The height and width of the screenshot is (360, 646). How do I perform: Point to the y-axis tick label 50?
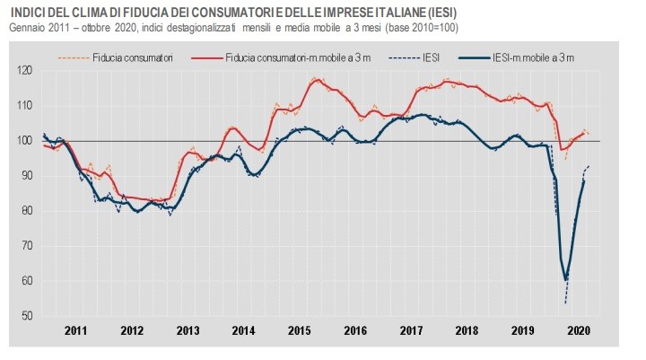(x=26, y=316)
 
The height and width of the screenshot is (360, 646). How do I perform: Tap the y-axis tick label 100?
(x=24, y=141)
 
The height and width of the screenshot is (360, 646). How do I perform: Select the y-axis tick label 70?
(x=26, y=246)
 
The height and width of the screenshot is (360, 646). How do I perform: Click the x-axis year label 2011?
(x=75, y=330)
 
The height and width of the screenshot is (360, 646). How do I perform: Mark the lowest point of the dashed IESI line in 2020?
(x=565, y=303)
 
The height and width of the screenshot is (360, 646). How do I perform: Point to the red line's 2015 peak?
(x=317, y=80)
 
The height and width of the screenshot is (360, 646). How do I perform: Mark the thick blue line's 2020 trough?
(x=565, y=279)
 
